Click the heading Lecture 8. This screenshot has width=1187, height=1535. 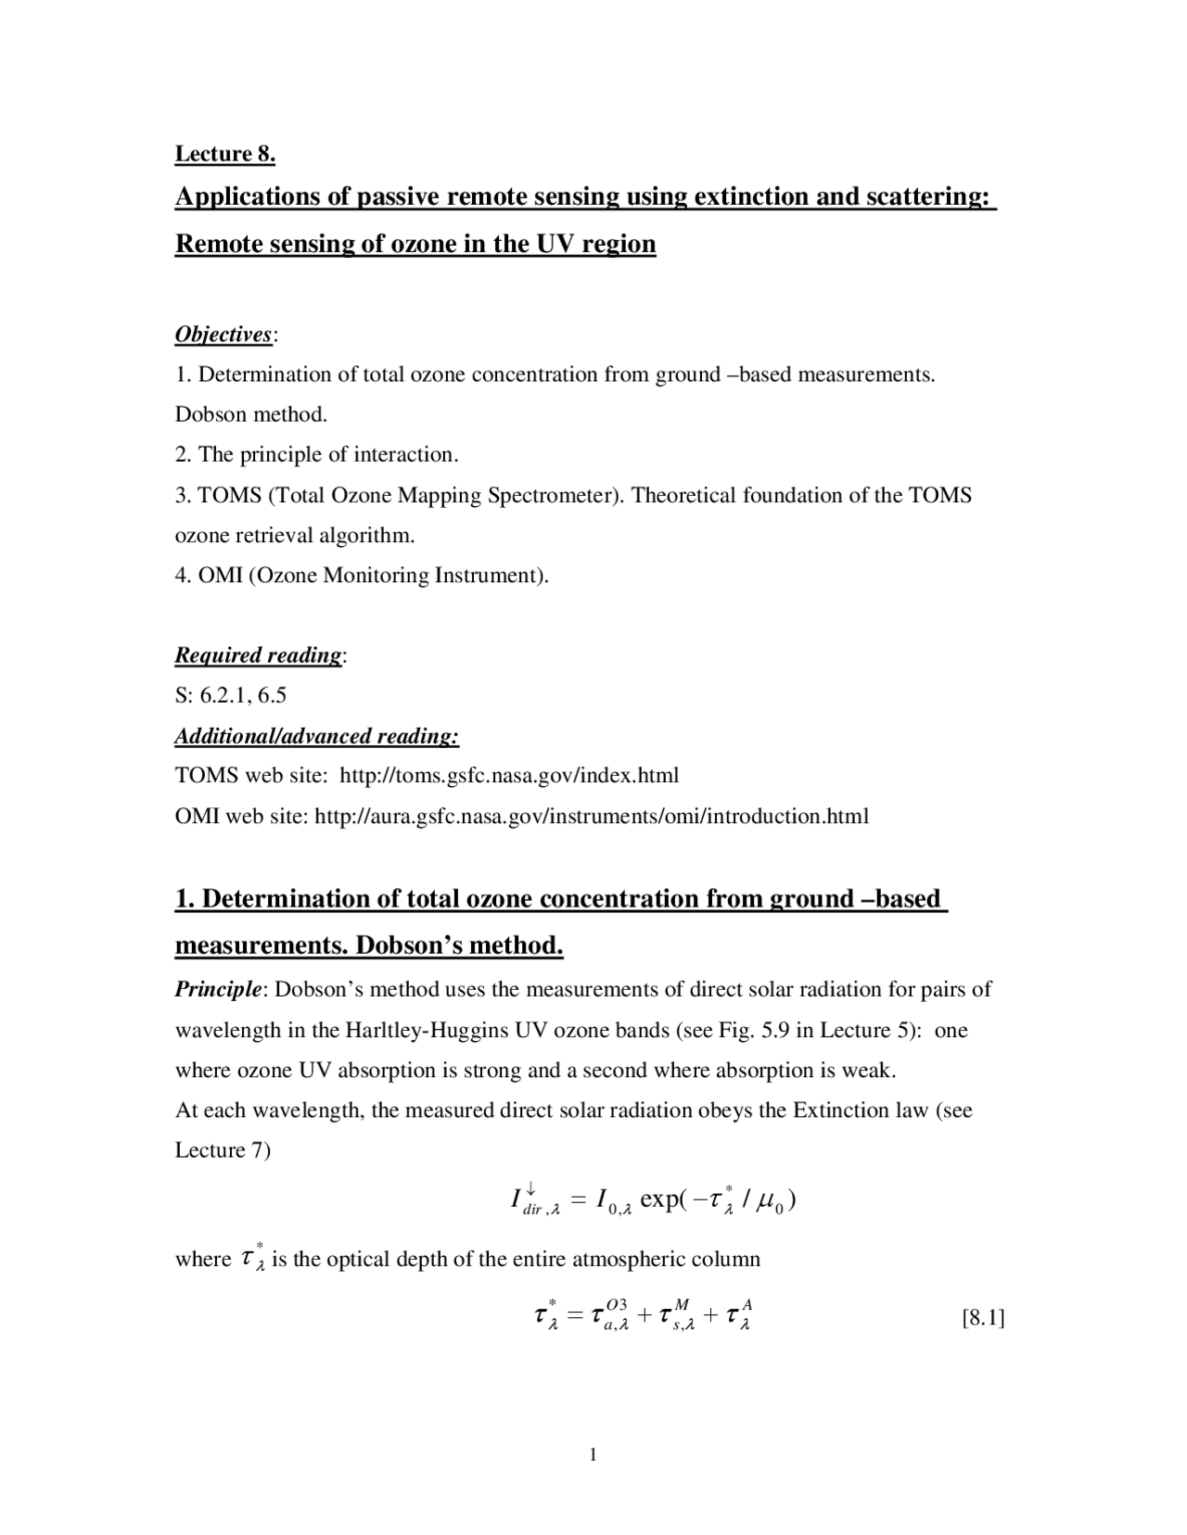tap(225, 154)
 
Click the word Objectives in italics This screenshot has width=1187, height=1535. tap(223, 335)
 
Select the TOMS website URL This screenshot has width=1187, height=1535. tap(509, 775)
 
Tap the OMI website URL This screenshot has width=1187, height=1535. tap(592, 816)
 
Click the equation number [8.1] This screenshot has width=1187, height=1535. tap(984, 1317)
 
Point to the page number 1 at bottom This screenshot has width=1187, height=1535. tap(593, 1453)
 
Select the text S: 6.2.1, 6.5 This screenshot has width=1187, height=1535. tap(231, 695)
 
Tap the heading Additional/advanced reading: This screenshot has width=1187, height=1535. tap(317, 736)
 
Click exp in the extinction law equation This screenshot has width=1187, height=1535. tap(659, 1199)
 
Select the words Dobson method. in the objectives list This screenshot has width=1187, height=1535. tap(251, 414)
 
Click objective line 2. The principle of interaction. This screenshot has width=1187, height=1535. tap(317, 454)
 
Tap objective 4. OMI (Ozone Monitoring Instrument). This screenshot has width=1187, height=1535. tap(362, 576)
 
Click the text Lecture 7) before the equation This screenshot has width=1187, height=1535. tap(223, 1150)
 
